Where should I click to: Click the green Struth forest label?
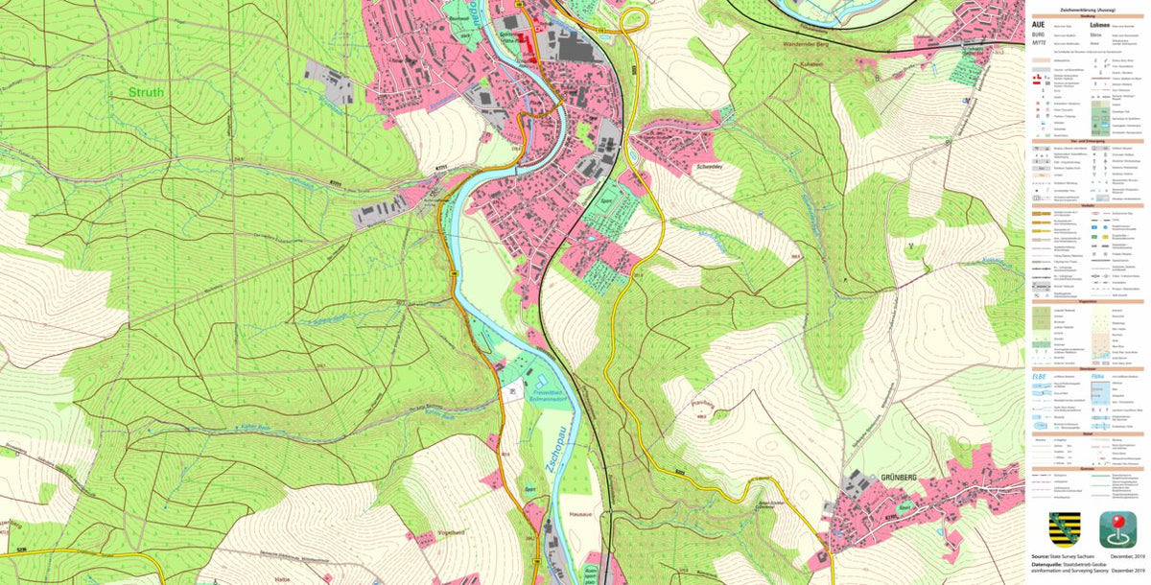pyautogui.click(x=147, y=93)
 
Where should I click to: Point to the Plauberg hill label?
pyautogui.click(x=703, y=403)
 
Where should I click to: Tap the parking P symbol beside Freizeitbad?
pyautogui.click(x=512, y=391)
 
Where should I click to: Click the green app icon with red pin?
pyautogui.click(x=1117, y=529)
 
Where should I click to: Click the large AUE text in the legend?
pyautogui.click(x=1037, y=25)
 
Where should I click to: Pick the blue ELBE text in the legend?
pyautogui.click(x=1038, y=376)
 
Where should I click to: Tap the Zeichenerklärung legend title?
pyautogui.click(x=1087, y=7)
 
